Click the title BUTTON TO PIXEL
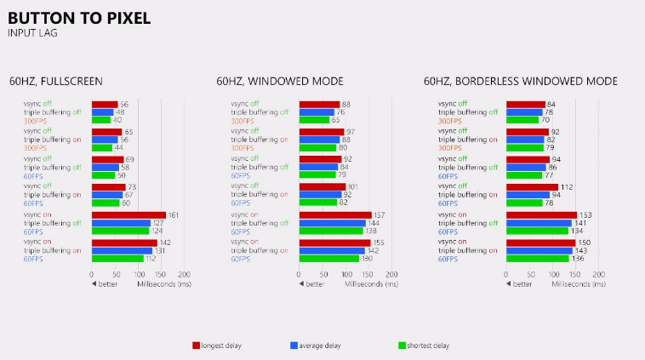pos(79,17)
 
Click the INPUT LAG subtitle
pos(32,32)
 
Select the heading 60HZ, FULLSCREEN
pos(56,82)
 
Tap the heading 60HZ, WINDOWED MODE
pos(280,82)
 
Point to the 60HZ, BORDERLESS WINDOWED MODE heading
pos(521,82)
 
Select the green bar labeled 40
pos(100,119)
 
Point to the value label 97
pos(351,132)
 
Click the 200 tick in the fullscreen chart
pos(184,275)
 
